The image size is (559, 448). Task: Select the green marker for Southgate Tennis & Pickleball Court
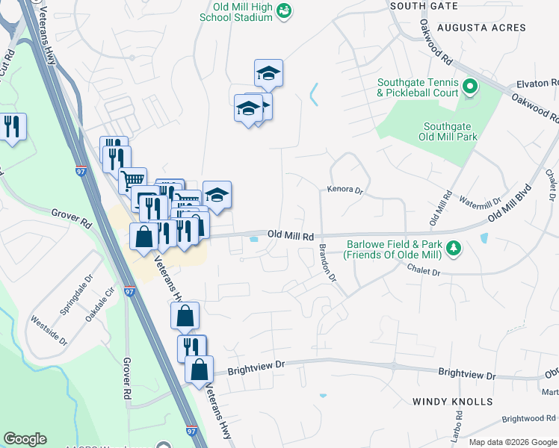tap(469, 87)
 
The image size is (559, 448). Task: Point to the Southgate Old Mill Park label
tap(449, 131)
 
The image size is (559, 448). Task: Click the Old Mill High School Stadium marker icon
tap(284, 10)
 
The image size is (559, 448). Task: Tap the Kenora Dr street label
tap(345, 190)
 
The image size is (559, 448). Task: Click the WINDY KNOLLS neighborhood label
tap(452, 402)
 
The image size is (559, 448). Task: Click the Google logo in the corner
tap(25, 439)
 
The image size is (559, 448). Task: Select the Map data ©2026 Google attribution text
tap(512, 442)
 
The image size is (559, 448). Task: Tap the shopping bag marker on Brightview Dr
tap(199, 370)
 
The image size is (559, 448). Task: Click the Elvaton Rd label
tap(537, 84)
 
